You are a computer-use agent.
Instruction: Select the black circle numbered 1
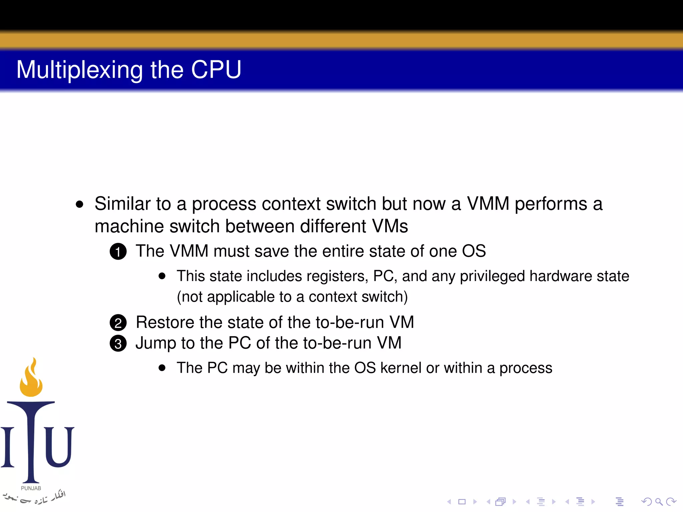point(118,252)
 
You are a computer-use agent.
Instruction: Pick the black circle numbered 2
point(118,323)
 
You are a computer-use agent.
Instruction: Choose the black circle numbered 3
point(118,344)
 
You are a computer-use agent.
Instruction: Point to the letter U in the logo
point(59,447)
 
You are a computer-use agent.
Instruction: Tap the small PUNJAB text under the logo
point(31,488)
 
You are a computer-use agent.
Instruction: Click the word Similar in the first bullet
point(122,204)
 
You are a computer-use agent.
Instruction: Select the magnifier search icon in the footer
point(659,502)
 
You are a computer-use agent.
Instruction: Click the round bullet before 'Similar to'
point(79,204)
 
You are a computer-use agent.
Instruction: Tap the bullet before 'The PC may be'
point(162,368)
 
